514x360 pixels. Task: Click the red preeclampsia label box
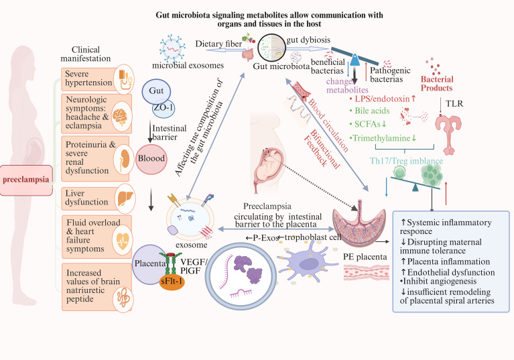click(x=26, y=180)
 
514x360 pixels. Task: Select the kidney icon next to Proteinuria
click(x=124, y=160)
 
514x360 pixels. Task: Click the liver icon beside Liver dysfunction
click(x=125, y=198)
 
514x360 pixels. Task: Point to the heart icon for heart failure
click(x=123, y=241)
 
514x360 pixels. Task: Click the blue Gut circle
click(x=156, y=91)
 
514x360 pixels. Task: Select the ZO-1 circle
click(x=164, y=108)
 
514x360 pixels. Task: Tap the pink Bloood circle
click(x=151, y=159)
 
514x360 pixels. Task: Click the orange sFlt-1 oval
click(x=172, y=282)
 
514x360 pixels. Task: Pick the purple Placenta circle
click(x=148, y=264)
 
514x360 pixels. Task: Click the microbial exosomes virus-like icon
click(x=172, y=48)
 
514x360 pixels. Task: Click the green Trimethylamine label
click(x=381, y=138)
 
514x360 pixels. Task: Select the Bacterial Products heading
click(x=437, y=84)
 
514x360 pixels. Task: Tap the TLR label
click(x=454, y=104)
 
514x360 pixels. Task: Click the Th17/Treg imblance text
click(x=406, y=161)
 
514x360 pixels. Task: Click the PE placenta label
click(x=365, y=257)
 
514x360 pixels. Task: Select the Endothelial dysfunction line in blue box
click(x=448, y=272)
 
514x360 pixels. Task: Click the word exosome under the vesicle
click(x=192, y=245)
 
